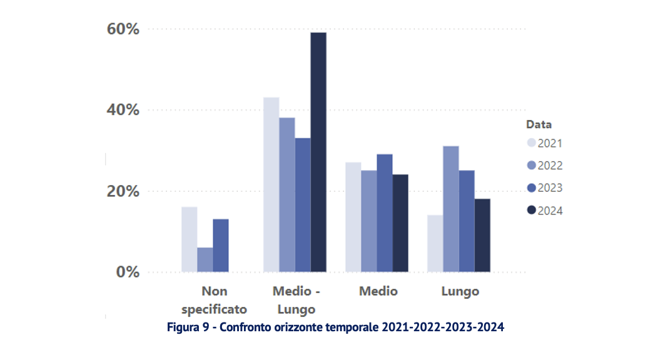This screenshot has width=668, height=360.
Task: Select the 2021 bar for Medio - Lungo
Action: pos(271,184)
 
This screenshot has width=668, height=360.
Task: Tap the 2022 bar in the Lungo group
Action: pos(450,209)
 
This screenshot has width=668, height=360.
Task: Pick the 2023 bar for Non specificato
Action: pos(221,245)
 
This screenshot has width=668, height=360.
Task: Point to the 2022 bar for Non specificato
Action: pos(205,259)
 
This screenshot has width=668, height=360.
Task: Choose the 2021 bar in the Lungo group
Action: pos(435,243)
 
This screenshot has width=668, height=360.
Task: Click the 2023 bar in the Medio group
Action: pos(385,212)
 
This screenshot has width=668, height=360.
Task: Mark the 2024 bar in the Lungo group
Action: pos(482,235)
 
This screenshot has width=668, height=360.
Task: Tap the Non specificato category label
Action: pos(214,300)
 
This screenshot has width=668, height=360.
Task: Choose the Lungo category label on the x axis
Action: pos(460,291)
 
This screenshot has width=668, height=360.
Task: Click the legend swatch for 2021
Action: pos(531,143)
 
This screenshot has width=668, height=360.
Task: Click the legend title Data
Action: pos(539,124)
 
